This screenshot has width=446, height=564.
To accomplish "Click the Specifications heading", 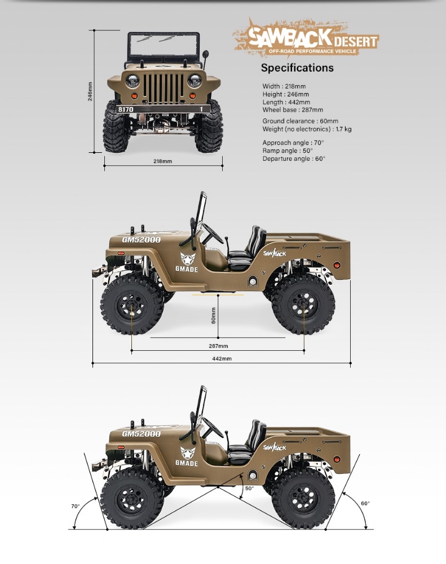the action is pos(297,68).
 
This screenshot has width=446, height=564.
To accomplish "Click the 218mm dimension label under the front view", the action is pos(162,161).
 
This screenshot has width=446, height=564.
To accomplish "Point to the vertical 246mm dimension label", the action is pos(90,91).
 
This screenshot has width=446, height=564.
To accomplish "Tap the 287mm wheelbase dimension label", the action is pos(218,346).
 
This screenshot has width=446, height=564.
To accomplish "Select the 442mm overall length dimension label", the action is pos(222,359).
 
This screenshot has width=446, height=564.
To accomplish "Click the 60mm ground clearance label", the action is pos(213,315).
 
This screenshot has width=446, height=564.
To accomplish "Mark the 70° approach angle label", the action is pos(75,506).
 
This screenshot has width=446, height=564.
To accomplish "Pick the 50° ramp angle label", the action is pos(249,488).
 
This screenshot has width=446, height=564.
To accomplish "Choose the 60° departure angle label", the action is pos(365,503).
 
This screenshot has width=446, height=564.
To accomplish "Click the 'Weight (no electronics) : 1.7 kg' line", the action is pos(307,129).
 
